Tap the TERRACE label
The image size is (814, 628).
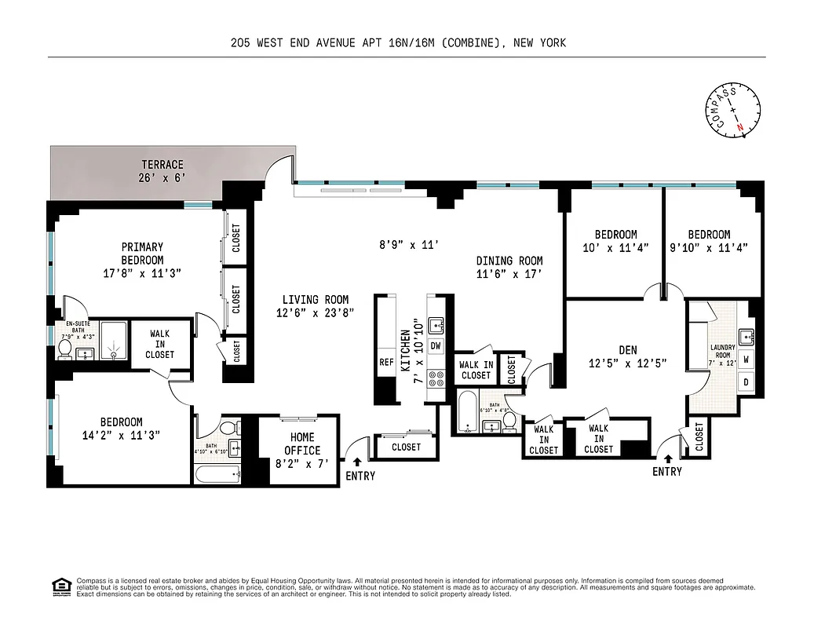162,170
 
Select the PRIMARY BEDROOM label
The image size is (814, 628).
142,254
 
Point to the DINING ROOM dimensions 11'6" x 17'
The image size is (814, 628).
509,274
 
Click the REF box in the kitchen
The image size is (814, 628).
386,363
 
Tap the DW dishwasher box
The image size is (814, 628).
436,346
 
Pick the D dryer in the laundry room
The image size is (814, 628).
746,383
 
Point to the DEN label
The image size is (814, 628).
627,350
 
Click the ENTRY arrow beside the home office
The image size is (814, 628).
358,463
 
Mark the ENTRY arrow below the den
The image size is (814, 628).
667,458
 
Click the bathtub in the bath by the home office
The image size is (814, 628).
217,474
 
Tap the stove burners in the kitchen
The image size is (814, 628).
436,381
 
